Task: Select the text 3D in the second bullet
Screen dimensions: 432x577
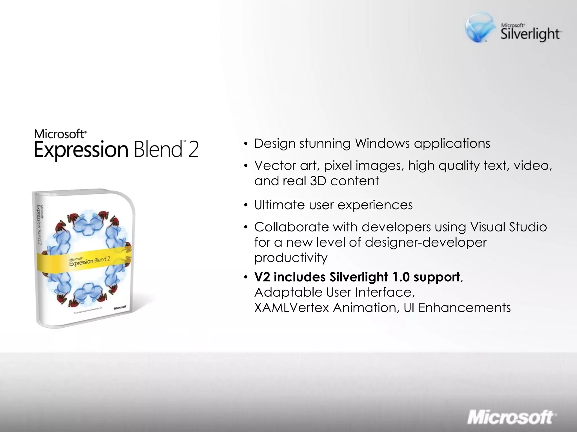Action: click(318, 181)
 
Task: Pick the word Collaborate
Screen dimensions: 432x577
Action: click(291, 227)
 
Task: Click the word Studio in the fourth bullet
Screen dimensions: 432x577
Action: click(528, 227)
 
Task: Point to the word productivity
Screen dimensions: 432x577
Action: click(291, 258)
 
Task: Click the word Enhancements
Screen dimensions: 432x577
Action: click(464, 308)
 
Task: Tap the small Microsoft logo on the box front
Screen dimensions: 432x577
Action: click(120, 307)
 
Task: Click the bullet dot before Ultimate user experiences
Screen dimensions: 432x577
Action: click(246, 205)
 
